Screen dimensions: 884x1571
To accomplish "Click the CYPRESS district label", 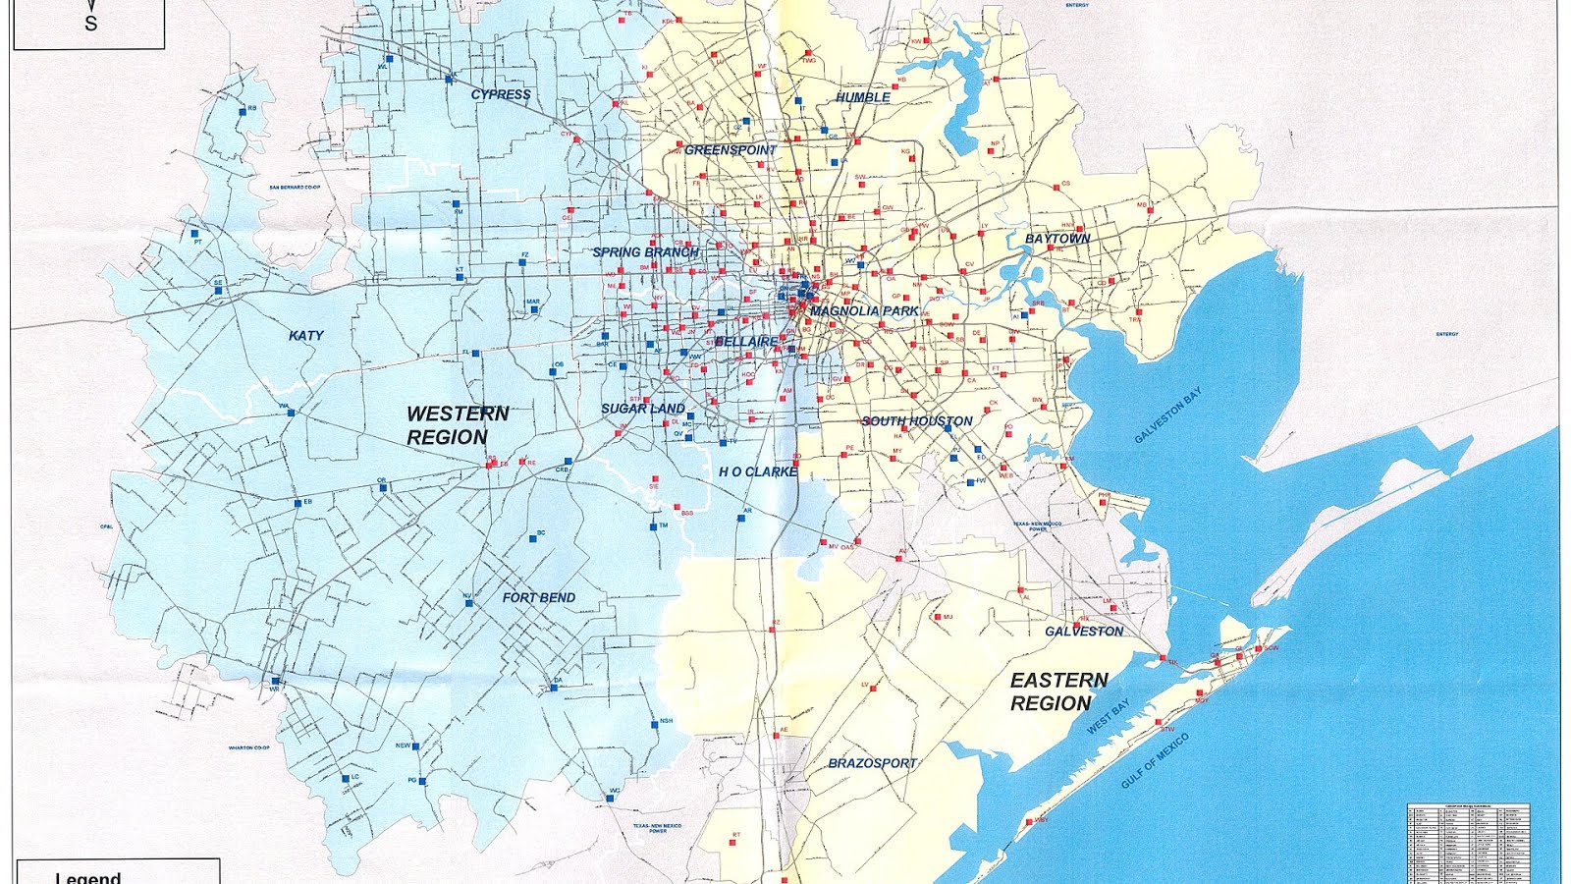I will point(501,95).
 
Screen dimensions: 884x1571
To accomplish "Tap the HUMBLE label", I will point(863,97).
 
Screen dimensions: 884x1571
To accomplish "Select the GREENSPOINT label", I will point(730,150).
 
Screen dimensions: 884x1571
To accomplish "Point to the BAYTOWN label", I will point(1057,239).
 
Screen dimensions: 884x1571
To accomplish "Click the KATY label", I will point(306,336).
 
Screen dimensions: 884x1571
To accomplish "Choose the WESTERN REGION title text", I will point(457,425).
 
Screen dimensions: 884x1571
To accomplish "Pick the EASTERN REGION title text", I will point(1057,691).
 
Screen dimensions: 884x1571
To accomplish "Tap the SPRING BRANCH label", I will point(645,252).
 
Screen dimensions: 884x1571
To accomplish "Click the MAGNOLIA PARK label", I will point(865,311).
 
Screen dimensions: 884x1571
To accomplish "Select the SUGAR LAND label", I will point(643,409).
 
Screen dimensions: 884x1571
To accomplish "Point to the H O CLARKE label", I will point(757,472).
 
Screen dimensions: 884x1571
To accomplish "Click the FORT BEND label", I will point(538,597).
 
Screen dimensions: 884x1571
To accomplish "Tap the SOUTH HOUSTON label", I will point(917,421).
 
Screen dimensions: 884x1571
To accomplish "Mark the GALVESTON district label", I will point(1084,632).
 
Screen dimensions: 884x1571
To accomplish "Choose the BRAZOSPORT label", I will point(872,763).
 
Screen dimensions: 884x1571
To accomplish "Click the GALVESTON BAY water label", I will point(1167,415).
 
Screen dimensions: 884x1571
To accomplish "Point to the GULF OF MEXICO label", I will point(1156,760).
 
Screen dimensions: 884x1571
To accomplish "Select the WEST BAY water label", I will point(1109,717).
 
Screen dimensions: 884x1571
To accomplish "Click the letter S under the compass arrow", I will point(91,24).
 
